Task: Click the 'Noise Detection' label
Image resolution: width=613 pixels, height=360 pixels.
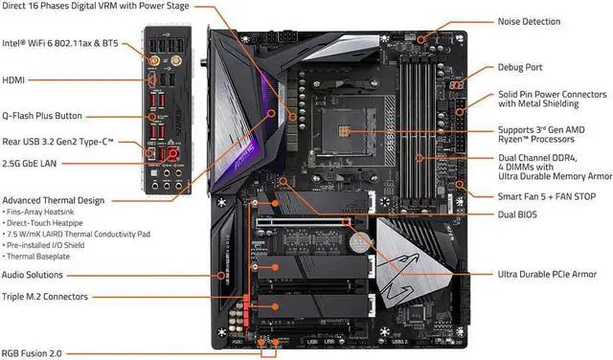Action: click(542, 21)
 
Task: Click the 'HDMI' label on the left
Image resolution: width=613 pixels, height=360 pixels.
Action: click(16, 81)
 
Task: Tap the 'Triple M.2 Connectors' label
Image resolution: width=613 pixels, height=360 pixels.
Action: click(50, 298)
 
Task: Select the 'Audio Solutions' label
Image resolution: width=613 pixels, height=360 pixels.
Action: click(39, 275)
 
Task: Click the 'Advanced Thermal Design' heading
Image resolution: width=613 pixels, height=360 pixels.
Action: click(54, 200)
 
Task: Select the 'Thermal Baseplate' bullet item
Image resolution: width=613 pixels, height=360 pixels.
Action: click(39, 257)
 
